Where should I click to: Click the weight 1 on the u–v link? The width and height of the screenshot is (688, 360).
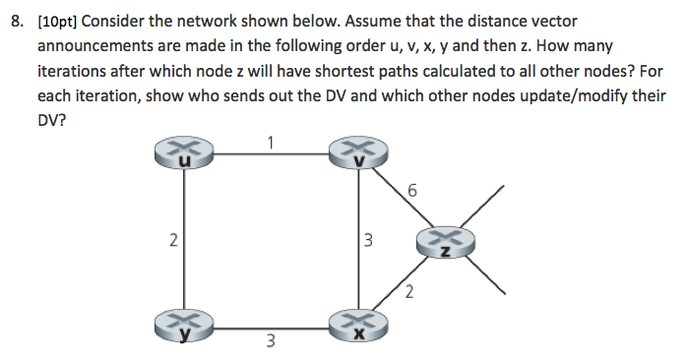tap(269, 140)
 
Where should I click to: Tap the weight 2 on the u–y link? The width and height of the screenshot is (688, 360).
tap(172, 240)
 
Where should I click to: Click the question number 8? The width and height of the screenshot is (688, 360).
tap(15, 21)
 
